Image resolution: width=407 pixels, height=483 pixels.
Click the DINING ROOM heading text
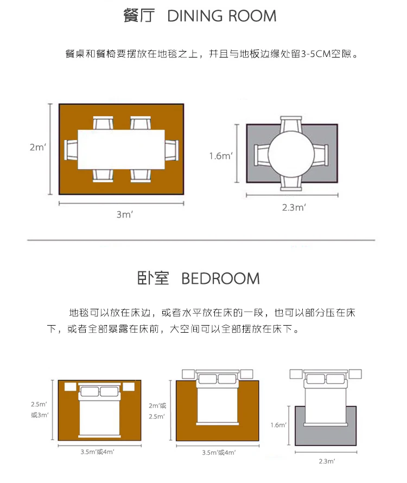(x=222, y=16)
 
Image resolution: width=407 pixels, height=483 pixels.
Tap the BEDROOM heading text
(x=220, y=279)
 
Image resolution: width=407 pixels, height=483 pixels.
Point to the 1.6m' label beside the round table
(x=221, y=156)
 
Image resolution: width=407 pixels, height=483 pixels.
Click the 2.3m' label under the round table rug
(x=294, y=207)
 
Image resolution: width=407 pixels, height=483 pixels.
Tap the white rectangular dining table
(x=121, y=149)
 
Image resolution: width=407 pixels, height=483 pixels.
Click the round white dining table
(x=292, y=154)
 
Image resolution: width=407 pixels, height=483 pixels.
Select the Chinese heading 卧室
(x=153, y=279)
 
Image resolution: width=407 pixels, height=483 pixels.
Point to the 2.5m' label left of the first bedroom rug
(x=39, y=404)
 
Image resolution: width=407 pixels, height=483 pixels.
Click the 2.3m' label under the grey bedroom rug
(x=326, y=461)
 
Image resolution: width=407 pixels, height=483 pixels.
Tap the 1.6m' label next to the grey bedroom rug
(x=278, y=425)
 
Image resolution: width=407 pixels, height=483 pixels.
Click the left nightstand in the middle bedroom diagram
(x=188, y=374)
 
